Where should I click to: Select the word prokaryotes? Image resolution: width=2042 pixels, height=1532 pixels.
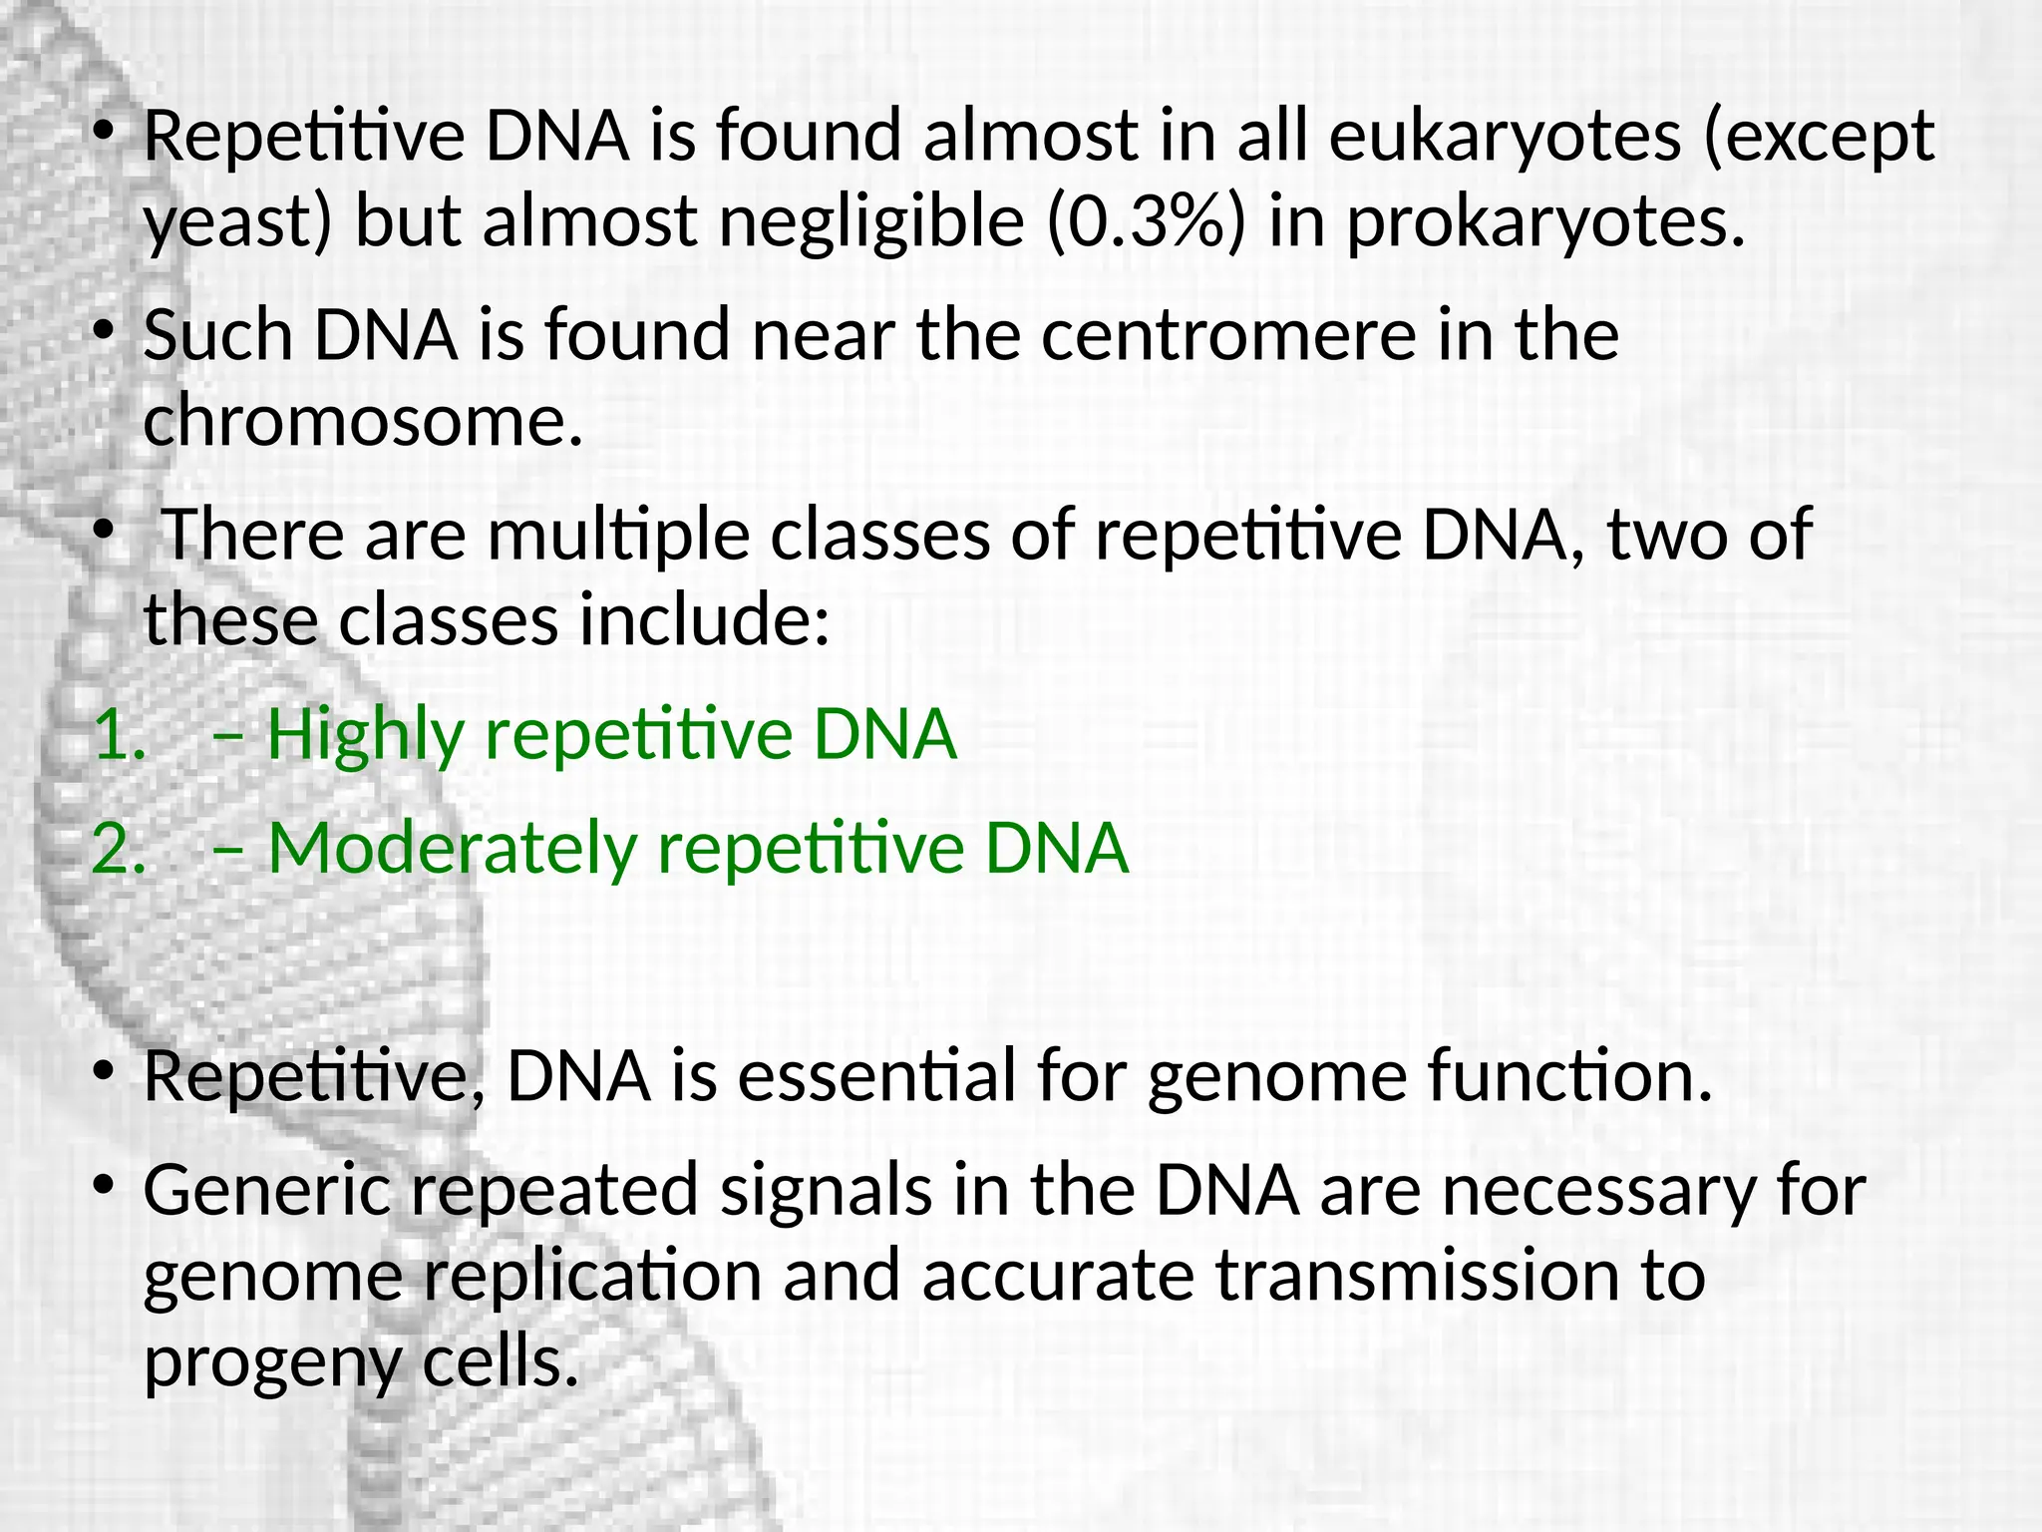1546,221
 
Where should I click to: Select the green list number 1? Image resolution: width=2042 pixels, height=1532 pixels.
119,735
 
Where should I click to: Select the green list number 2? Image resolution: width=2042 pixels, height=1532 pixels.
119,850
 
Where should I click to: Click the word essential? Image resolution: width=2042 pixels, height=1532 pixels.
876,1077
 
